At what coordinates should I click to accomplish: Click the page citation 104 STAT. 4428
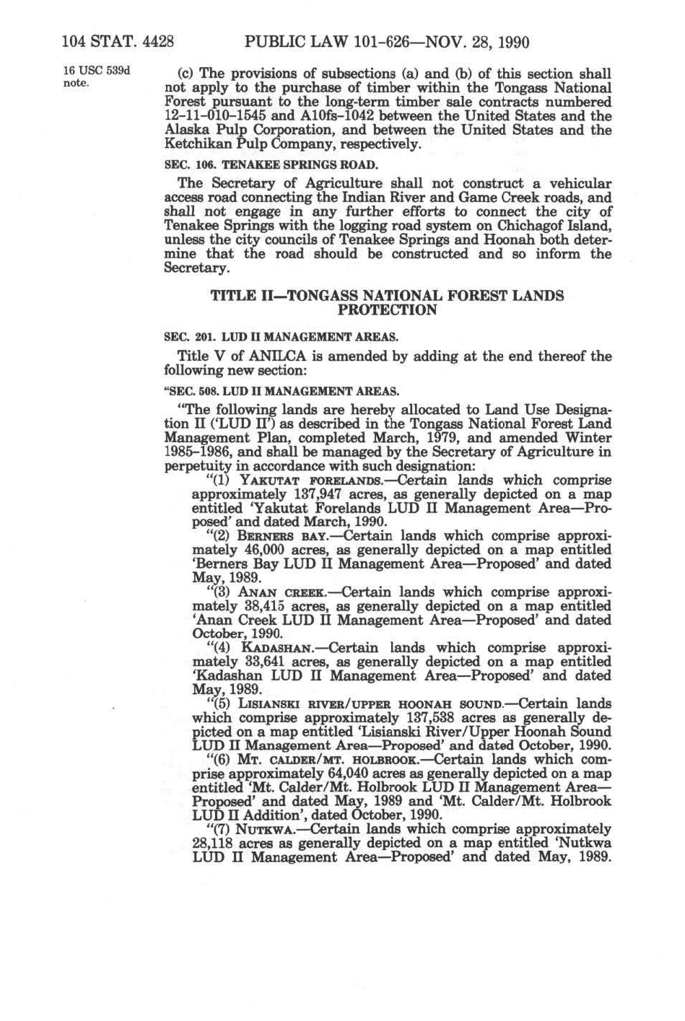point(118,42)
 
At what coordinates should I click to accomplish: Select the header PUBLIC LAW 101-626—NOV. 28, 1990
point(388,42)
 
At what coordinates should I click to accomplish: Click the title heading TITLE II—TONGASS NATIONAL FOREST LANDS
point(387,296)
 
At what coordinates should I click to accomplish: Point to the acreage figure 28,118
point(213,843)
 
